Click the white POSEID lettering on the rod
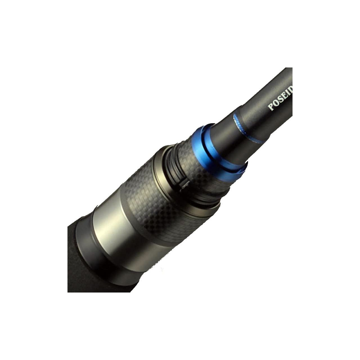[x=281, y=99]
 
